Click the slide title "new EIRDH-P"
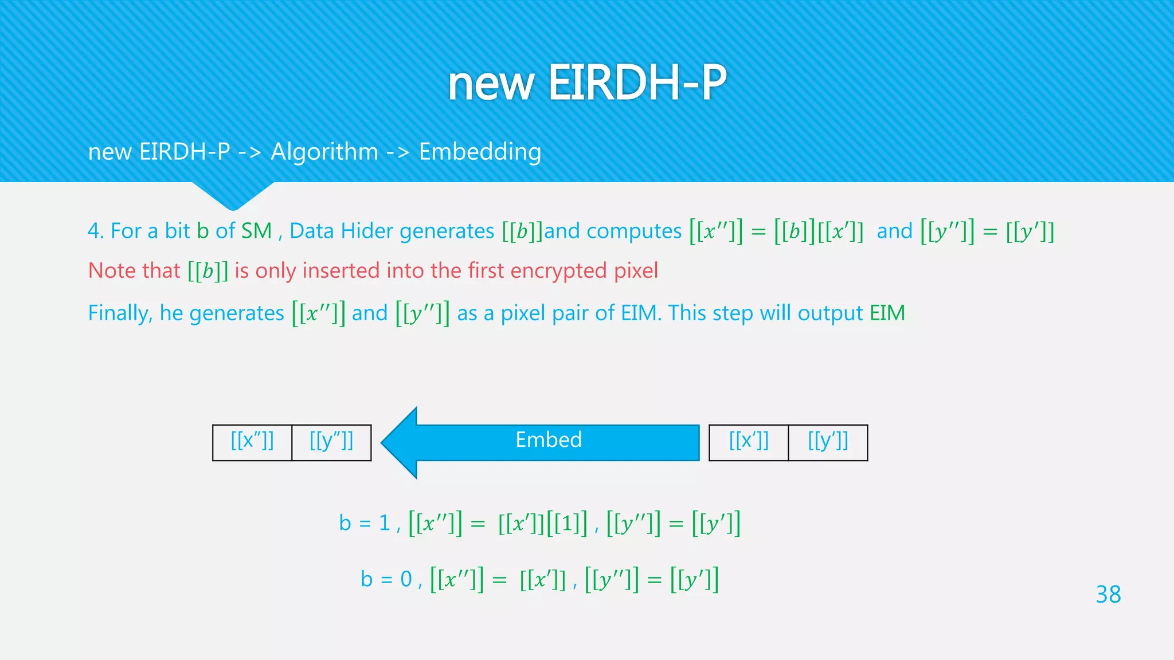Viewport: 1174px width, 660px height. click(587, 83)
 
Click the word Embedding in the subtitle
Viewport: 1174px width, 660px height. click(480, 152)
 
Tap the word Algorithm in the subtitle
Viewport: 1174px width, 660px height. click(324, 152)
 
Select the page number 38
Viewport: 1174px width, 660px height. click(1108, 595)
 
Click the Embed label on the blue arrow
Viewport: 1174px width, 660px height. click(549, 440)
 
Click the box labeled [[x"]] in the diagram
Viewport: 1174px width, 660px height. click(252, 442)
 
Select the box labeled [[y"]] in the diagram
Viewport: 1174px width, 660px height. click(331, 442)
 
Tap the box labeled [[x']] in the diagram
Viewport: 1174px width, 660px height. click(749, 442)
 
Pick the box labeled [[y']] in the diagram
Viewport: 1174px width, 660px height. click(828, 442)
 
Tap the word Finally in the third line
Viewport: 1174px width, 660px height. click(119, 313)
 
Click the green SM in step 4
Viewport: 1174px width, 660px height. click(256, 231)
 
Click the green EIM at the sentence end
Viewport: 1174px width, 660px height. click(887, 313)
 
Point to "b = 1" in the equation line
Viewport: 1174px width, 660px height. click(364, 523)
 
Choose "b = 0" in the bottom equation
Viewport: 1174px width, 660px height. click(386, 579)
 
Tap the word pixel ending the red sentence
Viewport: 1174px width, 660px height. click(636, 270)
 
